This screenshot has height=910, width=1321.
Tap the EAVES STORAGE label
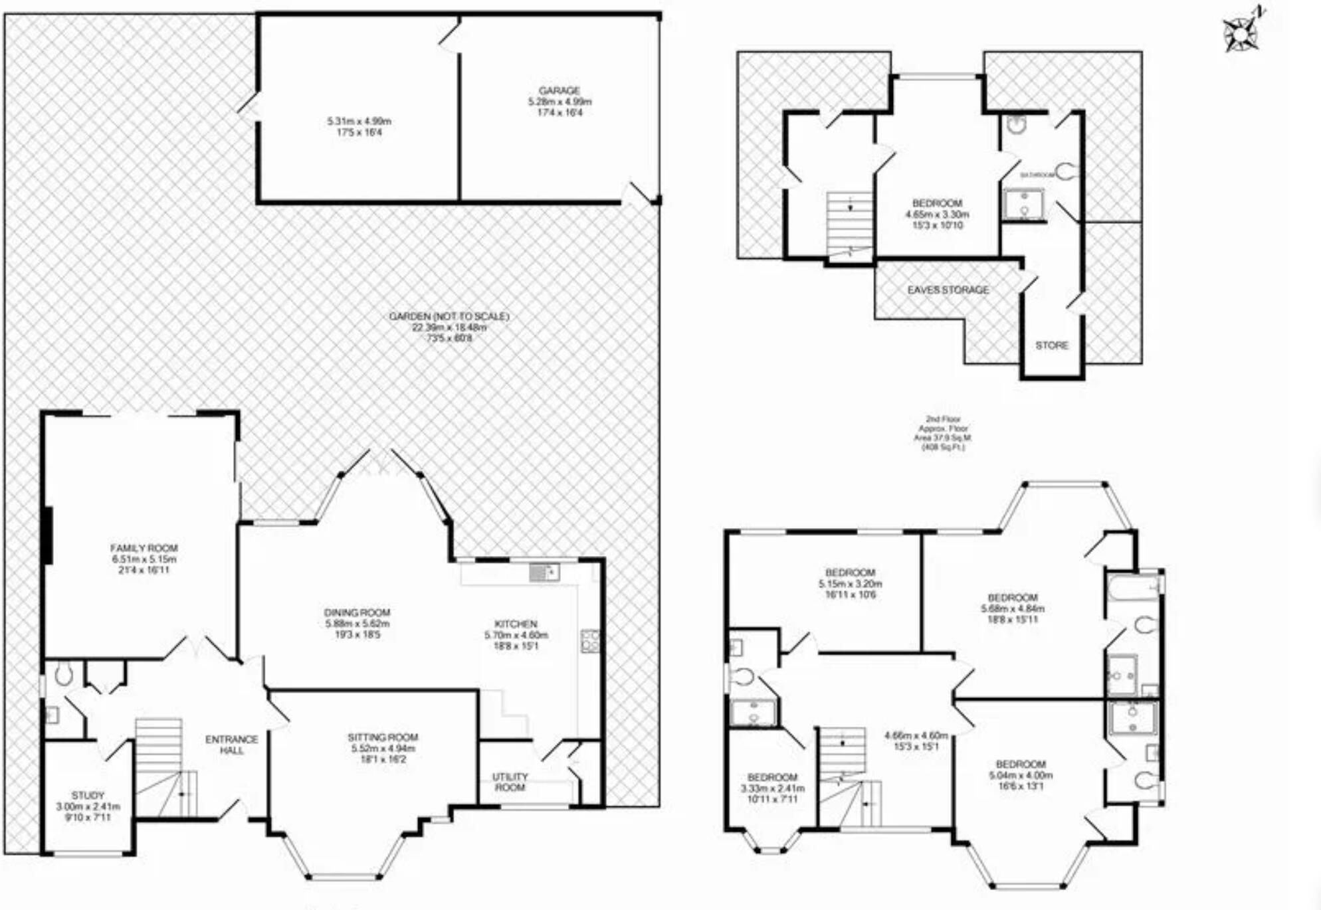coord(948,290)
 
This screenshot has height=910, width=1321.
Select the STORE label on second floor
coord(1051,345)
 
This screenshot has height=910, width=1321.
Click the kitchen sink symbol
coord(544,571)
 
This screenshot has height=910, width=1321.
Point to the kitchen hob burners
coord(590,641)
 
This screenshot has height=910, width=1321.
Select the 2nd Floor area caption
coord(943,433)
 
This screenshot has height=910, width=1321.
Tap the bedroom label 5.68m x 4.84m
coord(1013,608)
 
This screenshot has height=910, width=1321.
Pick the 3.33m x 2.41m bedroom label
coord(772,788)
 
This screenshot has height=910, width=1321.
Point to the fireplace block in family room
coord(48,535)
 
